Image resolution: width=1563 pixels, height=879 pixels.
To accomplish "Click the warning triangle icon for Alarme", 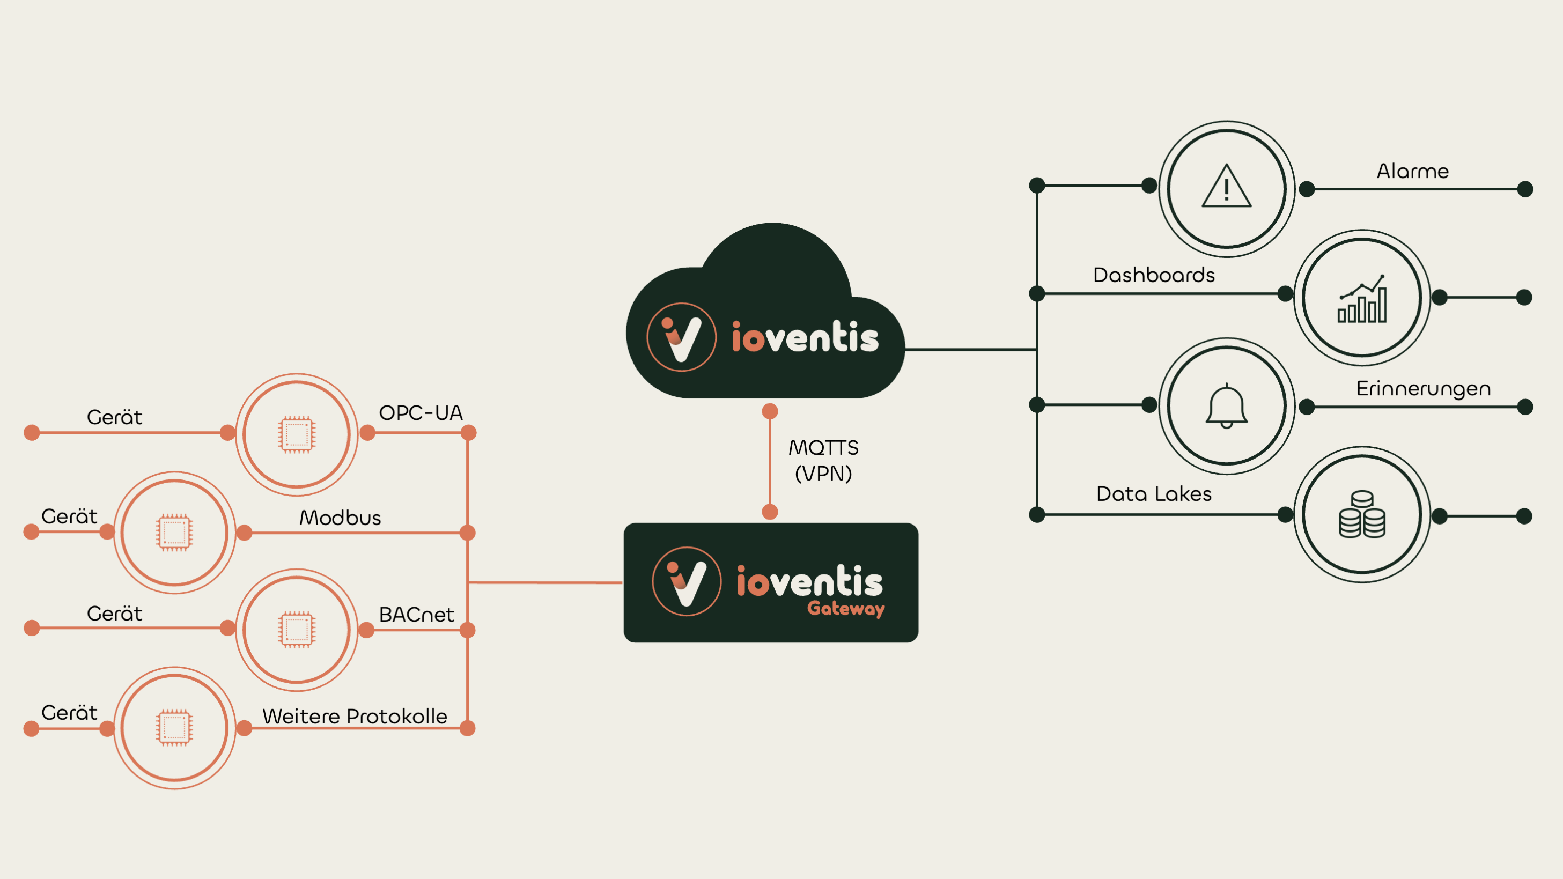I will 1226,187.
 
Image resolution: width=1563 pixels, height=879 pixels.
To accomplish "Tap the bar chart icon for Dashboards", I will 1362,299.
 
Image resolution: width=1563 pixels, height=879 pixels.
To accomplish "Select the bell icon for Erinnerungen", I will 1226,405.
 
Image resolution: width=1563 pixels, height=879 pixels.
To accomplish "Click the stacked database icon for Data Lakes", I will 1362,514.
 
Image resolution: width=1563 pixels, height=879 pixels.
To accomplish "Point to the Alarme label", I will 1412,171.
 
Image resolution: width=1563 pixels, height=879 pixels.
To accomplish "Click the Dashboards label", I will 1153,276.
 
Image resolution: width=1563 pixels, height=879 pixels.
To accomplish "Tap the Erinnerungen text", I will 1423,389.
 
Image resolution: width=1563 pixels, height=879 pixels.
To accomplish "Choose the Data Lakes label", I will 1153,494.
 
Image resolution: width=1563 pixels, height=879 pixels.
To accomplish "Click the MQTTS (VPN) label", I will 823,461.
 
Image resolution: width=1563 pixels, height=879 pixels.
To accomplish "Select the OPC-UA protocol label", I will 421,413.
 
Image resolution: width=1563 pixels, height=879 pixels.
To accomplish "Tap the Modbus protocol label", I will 341,518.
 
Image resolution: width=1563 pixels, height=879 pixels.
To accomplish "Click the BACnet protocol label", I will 416,615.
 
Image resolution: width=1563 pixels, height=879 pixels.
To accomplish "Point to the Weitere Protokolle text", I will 355,717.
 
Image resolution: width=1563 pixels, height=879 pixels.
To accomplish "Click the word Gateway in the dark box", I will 846,609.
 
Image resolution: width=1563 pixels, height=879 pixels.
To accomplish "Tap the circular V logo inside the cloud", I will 681,337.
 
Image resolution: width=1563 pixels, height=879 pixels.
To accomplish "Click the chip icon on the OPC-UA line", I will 297,434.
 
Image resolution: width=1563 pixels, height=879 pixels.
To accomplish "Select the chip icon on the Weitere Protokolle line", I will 175,727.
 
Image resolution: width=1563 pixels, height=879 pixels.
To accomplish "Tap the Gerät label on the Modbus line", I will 69,516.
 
